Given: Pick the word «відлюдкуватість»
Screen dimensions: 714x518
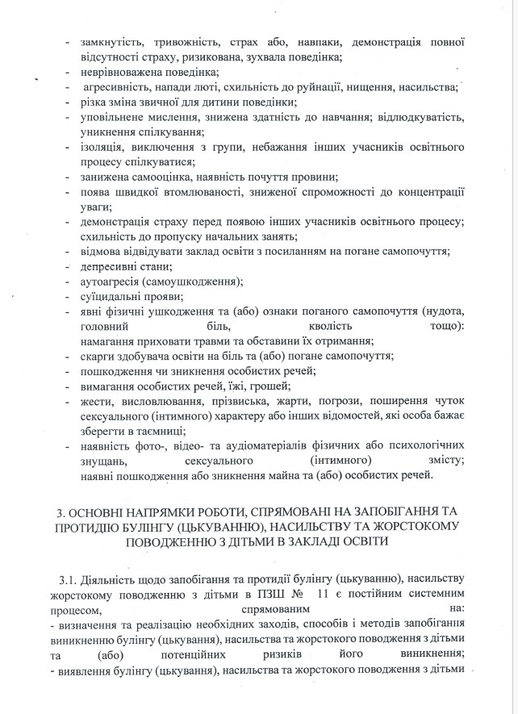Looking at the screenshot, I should click(418, 117).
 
